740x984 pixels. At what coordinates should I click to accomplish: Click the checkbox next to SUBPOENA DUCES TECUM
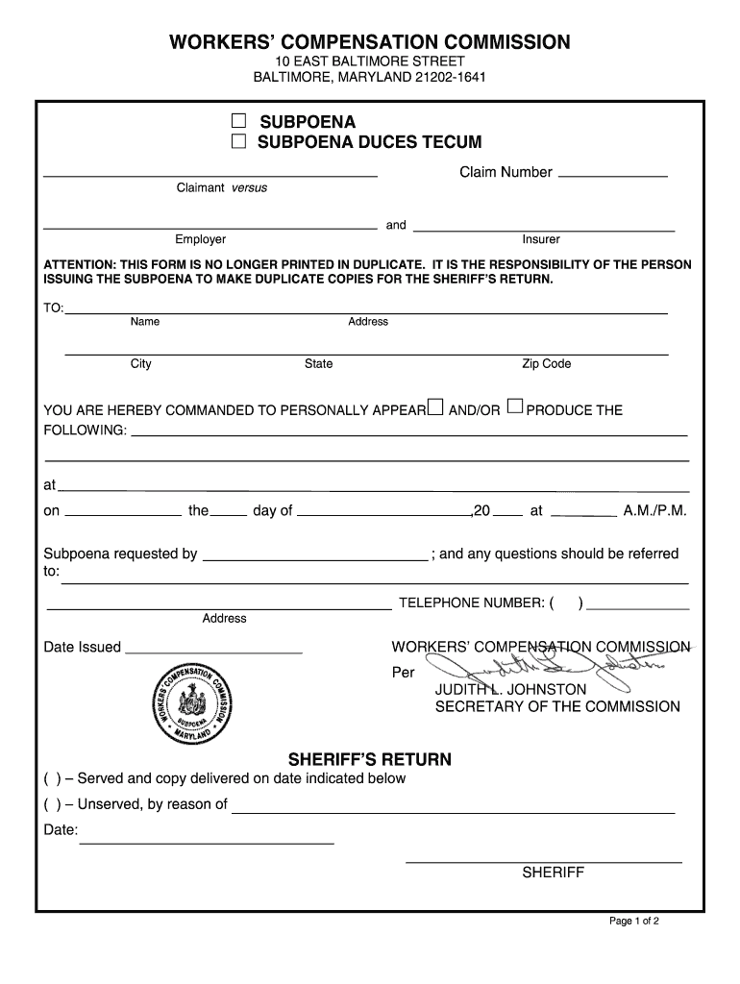click(238, 143)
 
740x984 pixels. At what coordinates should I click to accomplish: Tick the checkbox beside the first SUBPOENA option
click(238, 122)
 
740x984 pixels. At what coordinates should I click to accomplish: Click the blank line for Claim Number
click(612, 174)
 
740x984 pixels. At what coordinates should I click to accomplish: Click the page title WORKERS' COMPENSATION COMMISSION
click(369, 42)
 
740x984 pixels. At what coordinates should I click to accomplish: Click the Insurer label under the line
click(541, 239)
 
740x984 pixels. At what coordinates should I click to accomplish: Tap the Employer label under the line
click(200, 239)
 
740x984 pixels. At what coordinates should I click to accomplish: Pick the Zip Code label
click(546, 364)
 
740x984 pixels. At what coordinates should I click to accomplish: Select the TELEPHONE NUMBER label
click(472, 603)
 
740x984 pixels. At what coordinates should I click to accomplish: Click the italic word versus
click(249, 188)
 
